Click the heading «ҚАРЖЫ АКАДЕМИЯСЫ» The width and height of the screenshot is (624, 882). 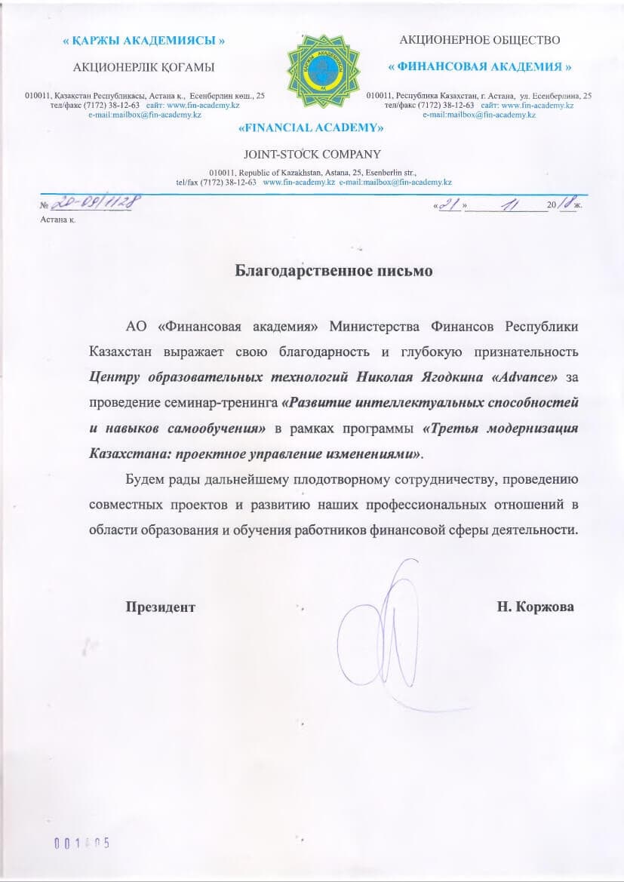(x=143, y=41)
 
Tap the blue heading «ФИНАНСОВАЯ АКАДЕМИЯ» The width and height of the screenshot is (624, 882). (x=479, y=66)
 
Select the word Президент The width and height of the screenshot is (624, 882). (x=161, y=607)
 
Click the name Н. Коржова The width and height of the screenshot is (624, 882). (x=536, y=607)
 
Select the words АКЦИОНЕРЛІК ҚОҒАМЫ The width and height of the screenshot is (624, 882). (x=143, y=67)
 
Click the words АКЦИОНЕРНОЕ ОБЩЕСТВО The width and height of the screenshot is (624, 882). (x=479, y=39)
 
